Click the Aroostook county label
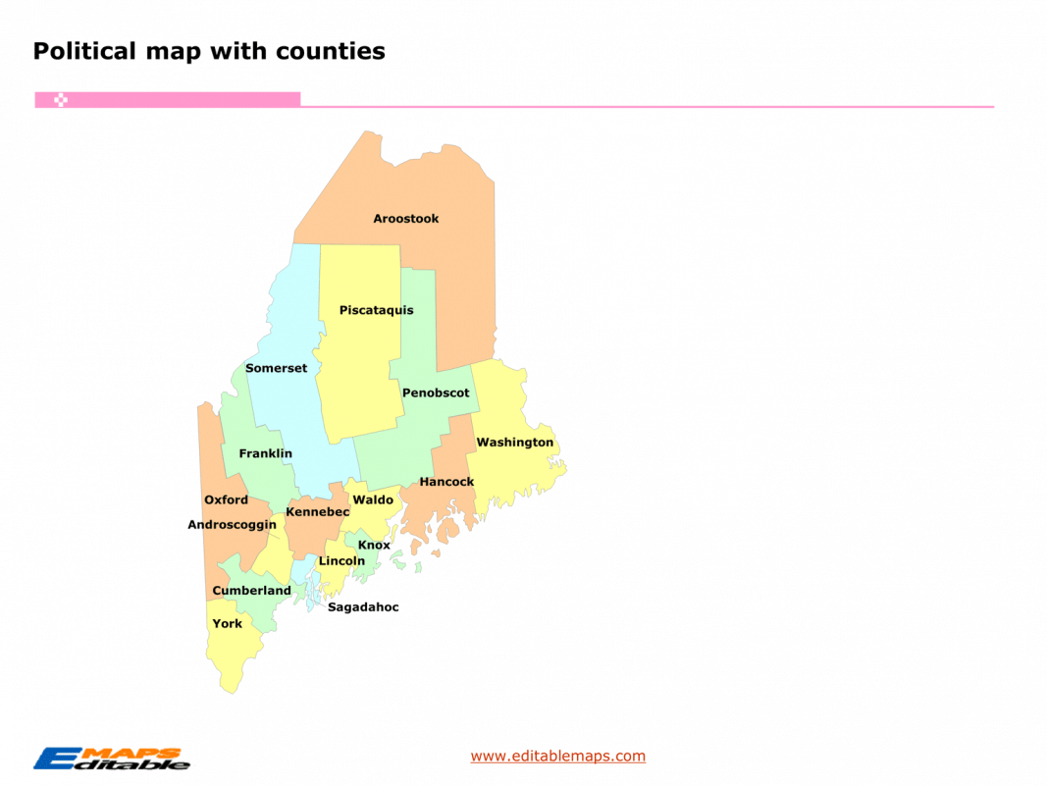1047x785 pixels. click(405, 219)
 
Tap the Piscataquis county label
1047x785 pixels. click(376, 310)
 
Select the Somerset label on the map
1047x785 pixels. click(276, 369)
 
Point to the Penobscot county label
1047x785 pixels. click(436, 393)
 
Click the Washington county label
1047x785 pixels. click(514, 443)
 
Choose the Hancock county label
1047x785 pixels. click(446, 482)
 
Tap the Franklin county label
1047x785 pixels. click(265, 454)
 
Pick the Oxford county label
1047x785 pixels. click(226, 500)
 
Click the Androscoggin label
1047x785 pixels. click(232, 525)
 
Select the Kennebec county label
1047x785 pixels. click(317, 512)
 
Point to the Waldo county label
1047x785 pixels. click(373, 500)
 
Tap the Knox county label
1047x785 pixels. click(374, 546)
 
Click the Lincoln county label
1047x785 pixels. click(341, 561)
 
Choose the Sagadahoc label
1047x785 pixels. click(363, 607)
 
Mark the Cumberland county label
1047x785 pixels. click(251, 591)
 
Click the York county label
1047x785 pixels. click(227, 624)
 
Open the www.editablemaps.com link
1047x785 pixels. click(557, 756)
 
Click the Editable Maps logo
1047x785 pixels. click(111, 758)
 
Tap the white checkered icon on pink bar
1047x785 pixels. click(61, 100)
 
